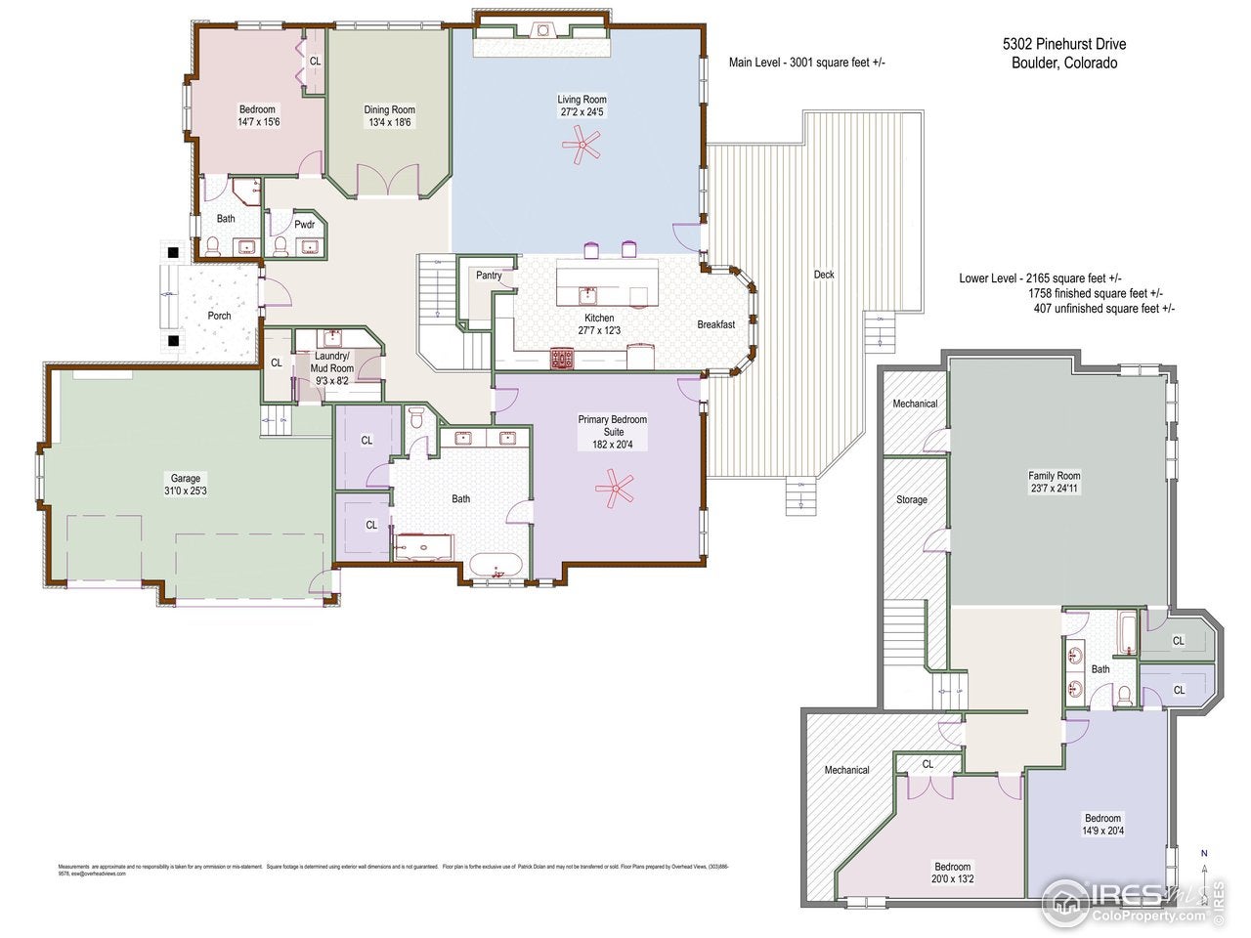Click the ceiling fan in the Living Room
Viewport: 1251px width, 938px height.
coord(582,149)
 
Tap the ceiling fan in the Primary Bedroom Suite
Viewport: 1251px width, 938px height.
coord(616,488)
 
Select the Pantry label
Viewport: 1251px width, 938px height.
coord(489,276)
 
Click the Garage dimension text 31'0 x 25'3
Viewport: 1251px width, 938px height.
coord(186,491)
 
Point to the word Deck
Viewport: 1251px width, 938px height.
coord(824,275)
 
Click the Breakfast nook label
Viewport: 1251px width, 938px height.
coord(715,324)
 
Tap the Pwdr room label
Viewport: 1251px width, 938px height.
coord(305,225)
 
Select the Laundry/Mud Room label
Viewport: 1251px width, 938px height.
coord(332,362)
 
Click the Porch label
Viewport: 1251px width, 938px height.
coord(219,316)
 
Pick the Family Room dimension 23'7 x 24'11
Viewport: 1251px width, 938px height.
coord(1054,489)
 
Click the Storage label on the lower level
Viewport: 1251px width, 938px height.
coord(911,500)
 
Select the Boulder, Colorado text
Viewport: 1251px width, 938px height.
coord(1064,64)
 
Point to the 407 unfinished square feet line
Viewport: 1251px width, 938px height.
coord(1103,309)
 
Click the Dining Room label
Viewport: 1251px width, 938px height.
coord(389,110)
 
